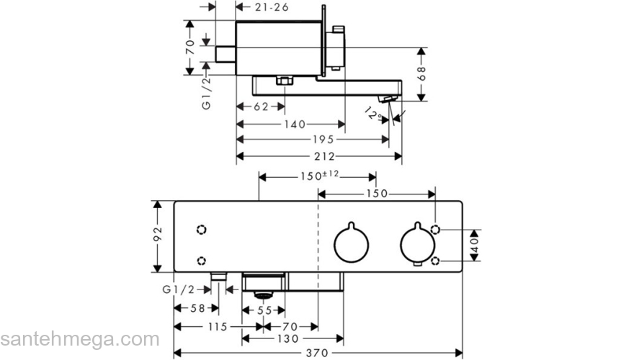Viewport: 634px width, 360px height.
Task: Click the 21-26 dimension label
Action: click(272, 7)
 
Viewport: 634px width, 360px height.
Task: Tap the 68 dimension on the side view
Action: click(423, 74)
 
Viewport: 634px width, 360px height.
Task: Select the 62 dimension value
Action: click(261, 107)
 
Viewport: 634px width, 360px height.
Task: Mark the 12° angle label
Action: click(372, 113)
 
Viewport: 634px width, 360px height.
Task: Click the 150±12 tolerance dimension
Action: click(319, 176)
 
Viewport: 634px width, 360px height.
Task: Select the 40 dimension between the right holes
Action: click(474, 245)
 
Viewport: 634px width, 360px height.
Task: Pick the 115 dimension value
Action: click(218, 326)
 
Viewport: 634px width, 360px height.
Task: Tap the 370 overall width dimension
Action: click(317, 353)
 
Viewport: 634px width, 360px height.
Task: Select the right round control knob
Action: click(416, 245)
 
